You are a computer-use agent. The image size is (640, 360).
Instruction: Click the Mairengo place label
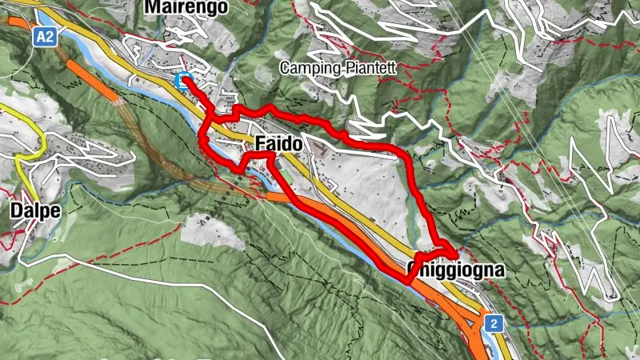click(186, 7)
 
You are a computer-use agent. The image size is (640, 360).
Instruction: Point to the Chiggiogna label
click(457, 270)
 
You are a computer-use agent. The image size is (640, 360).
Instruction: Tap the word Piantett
click(370, 68)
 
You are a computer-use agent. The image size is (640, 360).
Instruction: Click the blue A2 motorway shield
click(45, 36)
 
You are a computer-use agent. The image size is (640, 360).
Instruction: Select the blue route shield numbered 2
click(494, 323)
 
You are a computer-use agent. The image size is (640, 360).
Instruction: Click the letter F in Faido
click(260, 145)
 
